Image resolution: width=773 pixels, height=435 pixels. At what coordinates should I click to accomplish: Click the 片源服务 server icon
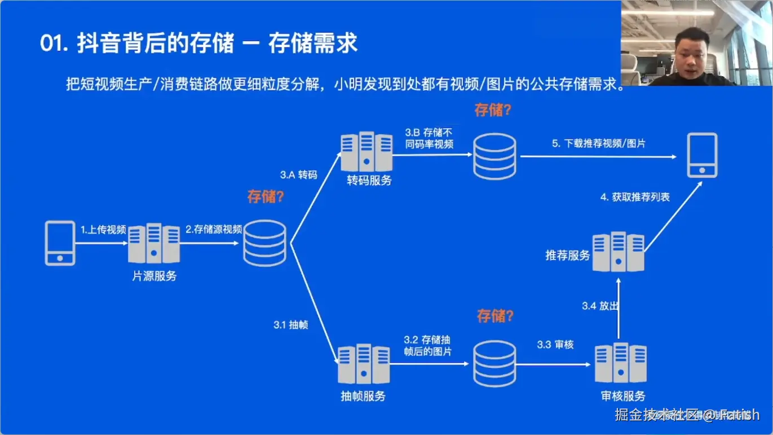[x=154, y=243]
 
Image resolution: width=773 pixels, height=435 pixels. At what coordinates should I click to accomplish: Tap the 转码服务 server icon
[x=366, y=152]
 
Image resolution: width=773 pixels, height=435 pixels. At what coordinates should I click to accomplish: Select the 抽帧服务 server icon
[x=364, y=364]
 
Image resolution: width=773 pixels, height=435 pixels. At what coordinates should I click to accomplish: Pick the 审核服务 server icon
[x=621, y=363]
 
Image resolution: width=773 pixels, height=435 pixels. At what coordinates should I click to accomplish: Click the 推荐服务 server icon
[x=619, y=252]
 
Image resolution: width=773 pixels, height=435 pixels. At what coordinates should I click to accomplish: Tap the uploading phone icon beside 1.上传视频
[x=60, y=243]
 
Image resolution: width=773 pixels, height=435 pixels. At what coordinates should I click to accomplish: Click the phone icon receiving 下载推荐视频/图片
[x=702, y=155]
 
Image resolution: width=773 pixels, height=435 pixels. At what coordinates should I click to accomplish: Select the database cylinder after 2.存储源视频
[x=264, y=243]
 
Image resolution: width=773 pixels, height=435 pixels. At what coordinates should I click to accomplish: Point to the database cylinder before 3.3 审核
[x=494, y=364]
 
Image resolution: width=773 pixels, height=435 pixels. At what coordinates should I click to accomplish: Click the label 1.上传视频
[x=103, y=230]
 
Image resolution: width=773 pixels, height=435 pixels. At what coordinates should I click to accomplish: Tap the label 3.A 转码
[x=298, y=175]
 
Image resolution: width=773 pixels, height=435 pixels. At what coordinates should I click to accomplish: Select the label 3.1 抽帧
[x=291, y=325]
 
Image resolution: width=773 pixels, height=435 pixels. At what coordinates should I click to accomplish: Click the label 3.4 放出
[x=600, y=306]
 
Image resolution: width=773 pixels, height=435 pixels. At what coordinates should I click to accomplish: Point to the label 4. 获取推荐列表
[x=635, y=197]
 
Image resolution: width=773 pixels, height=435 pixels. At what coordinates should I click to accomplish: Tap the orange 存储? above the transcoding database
[x=493, y=109]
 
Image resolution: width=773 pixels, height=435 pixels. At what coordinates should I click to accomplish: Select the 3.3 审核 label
[x=555, y=344]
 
